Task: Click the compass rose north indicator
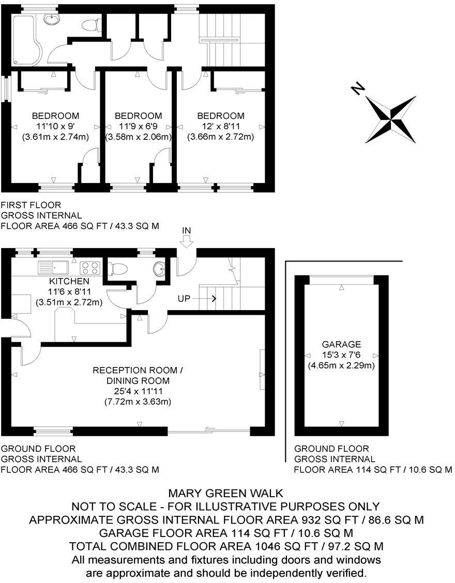(x=391, y=119)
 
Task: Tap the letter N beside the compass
(x=357, y=89)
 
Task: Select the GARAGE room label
(x=341, y=344)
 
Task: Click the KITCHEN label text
(x=69, y=281)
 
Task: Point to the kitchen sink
(x=53, y=268)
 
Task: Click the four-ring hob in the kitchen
(x=90, y=268)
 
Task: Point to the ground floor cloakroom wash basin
(x=160, y=268)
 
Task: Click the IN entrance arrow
(x=187, y=238)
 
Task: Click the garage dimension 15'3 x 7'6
(x=341, y=355)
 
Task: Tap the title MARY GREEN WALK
(x=226, y=494)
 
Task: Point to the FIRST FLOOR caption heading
(x=31, y=205)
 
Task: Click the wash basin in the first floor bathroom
(x=51, y=19)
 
